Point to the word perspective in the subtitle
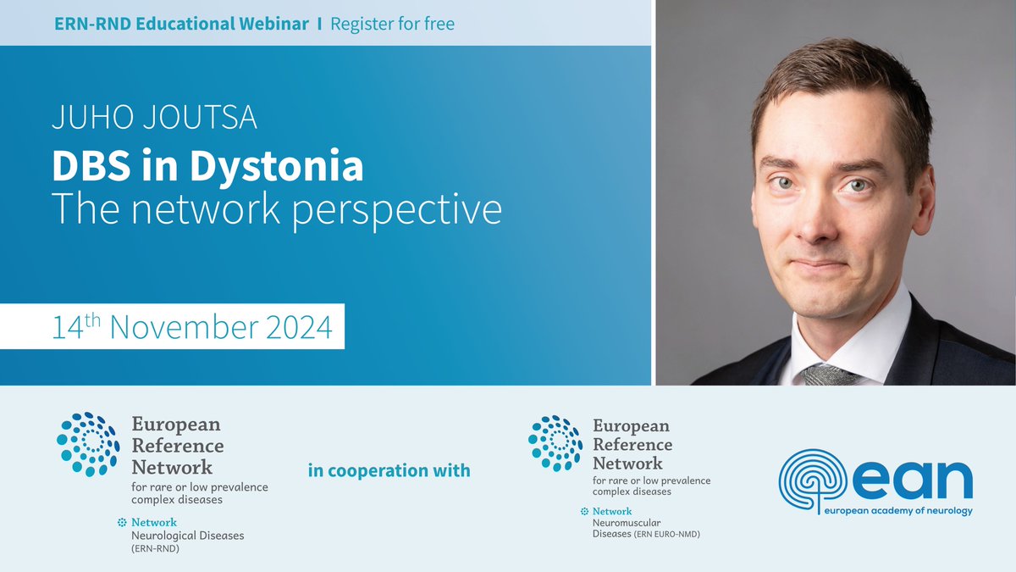397,210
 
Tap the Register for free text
392,24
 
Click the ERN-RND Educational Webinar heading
180,24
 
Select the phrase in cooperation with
389,470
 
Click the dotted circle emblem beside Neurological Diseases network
87,443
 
